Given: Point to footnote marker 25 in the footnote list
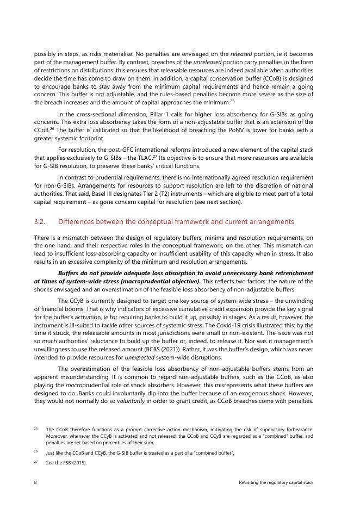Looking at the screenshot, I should tap(36, 429).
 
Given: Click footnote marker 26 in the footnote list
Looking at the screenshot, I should tap(36, 451).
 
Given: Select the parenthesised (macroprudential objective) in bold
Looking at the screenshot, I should tap(158, 281).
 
